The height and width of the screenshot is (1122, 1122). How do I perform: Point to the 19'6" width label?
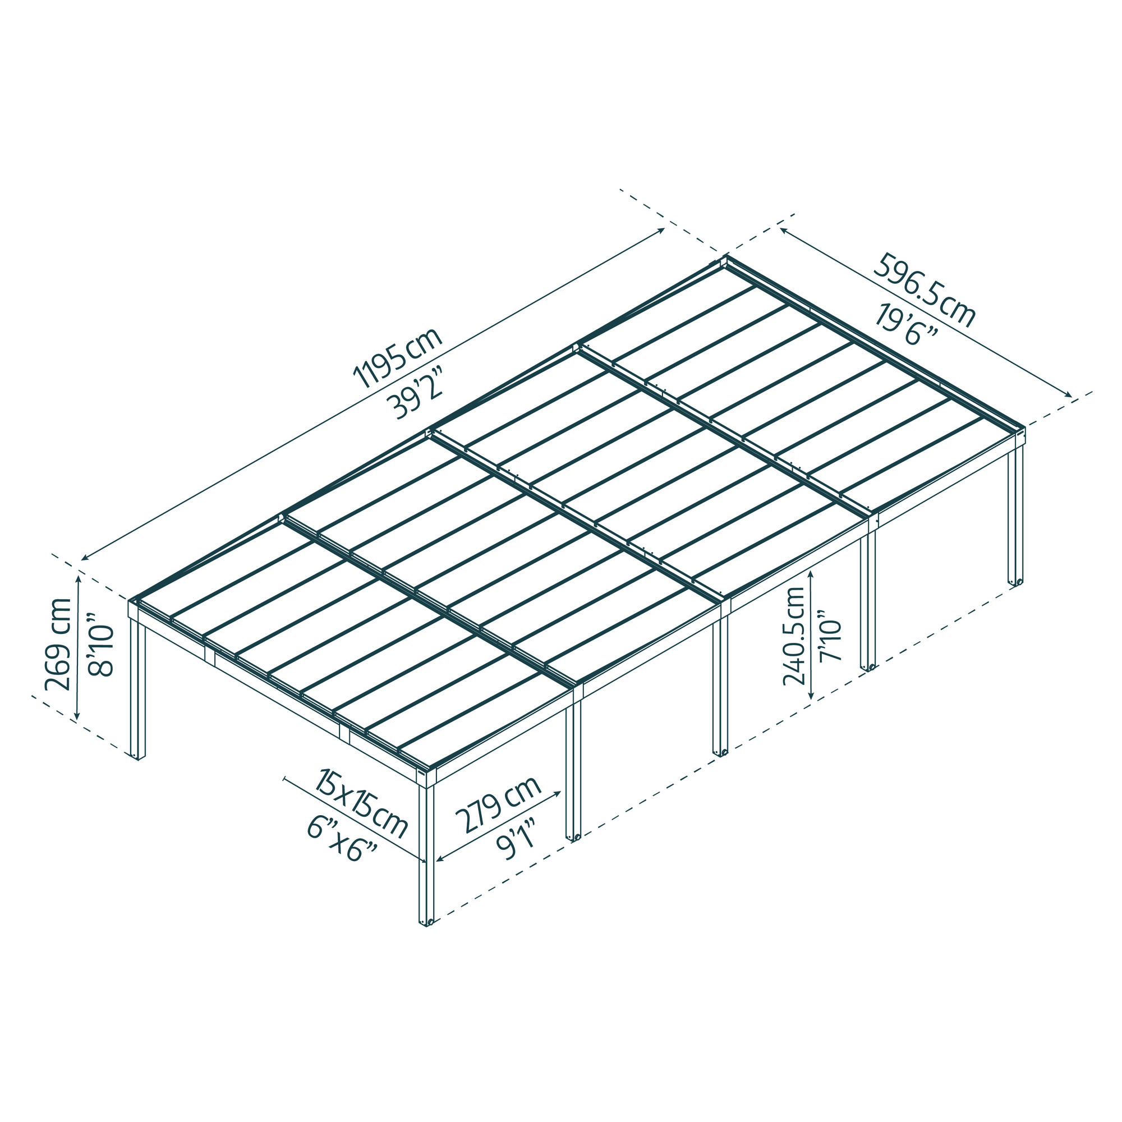(906, 325)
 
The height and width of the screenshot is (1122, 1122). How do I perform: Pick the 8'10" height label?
(100, 643)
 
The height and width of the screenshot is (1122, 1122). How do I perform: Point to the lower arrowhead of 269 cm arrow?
(77, 719)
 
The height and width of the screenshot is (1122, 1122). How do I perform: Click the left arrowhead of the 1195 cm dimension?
(83, 559)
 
